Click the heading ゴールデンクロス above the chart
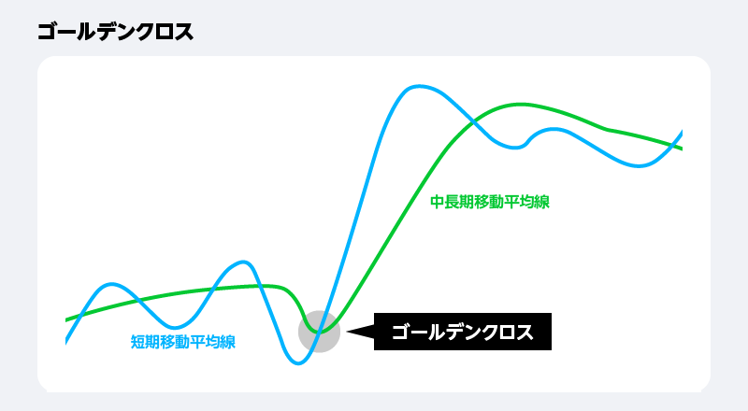tap(116, 33)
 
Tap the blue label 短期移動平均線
tap(183, 342)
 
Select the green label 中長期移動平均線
tap(490, 202)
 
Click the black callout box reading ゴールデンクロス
tap(463, 332)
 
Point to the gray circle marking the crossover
tap(319, 332)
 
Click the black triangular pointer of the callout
tap(359, 331)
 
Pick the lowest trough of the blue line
tap(298, 362)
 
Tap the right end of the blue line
tap(681, 133)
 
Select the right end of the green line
tap(681, 148)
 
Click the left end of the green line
tap(67, 319)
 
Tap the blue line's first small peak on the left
tap(111, 284)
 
